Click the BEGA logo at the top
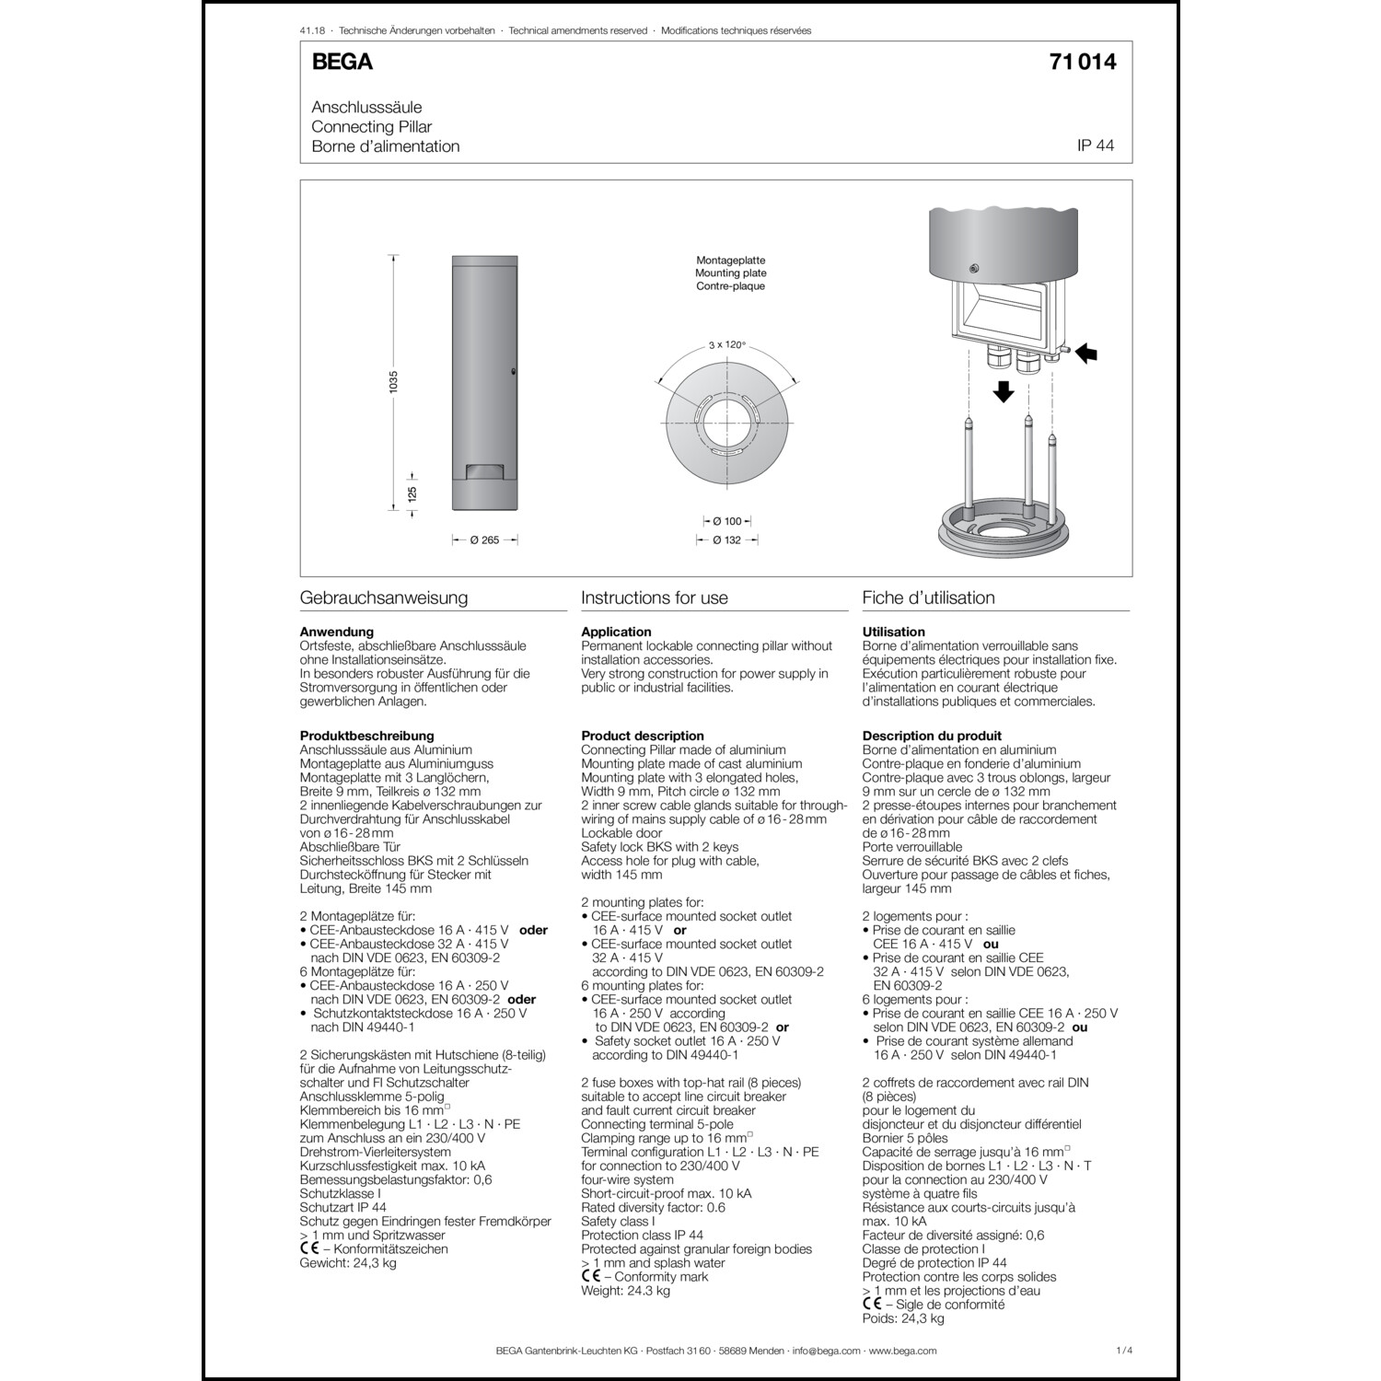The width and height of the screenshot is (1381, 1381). click(x=342, y=62)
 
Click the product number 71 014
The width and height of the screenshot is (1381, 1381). click(x=1082, y=62)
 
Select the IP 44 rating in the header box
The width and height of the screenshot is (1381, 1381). click(x=1096, y=145)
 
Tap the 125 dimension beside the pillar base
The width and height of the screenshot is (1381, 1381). click(x=412, y=493)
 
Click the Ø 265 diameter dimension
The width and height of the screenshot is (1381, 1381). click(x=484, y=540)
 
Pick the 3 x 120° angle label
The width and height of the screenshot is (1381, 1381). click(x=726, y=345)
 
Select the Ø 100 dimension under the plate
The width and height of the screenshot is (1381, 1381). click(x=727, y=522)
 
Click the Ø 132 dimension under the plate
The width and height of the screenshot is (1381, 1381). click(x=727, y=540)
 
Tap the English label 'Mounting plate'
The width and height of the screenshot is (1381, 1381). click(x=730, y=273)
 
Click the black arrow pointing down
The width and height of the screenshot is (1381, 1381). click(x=1004, y=391)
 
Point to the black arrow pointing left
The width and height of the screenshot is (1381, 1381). click(x=1087, y=353)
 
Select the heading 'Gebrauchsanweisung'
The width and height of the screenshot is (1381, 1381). click(x=384, y=598)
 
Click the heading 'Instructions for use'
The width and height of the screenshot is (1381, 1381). click(x=655, y=598)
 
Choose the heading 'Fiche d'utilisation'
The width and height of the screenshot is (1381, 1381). click(x=928, y=598)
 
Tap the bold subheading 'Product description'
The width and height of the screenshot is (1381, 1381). click(x=643, y=736)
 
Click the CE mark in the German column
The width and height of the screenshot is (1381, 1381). click(x=309, y=1249)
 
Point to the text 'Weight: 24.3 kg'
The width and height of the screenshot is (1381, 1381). click(x=625, y=1291)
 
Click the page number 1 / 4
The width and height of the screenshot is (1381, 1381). click(x=1123, y=1351)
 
